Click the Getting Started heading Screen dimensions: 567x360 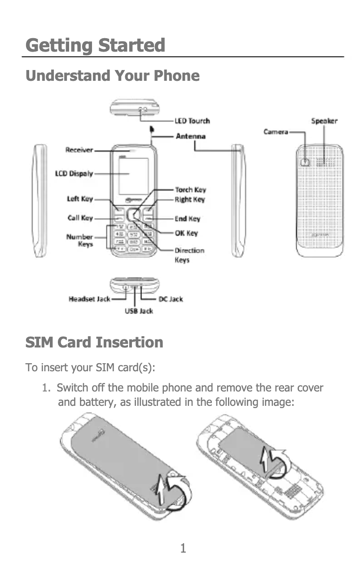click(x=95, y=45)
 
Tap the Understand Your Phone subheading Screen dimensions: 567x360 click(x=112, y=75)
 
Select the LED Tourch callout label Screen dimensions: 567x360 click(x=192, y=121)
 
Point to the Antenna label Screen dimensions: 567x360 click(x=190, y=136)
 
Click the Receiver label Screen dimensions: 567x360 click(x=79, y=150)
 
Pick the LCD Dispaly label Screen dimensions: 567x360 click(x=74, y=173)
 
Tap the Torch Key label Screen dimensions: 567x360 click(x=190, y=190)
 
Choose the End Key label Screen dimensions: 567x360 click(x=187, y=219)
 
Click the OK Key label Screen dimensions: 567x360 click(x=186, y=233)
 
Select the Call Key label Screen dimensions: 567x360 click(x=80, y=218)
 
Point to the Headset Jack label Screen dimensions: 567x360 click(x=89, y=299)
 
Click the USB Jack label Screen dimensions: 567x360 click(x=139, y=311)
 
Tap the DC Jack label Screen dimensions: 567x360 click(x=171, y=299)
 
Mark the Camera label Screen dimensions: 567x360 click(x=276, y=132)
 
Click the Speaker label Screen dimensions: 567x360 click(x=324, y=121)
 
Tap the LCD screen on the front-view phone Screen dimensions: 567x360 click(x=133, y=176)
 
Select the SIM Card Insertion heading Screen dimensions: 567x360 click(x=94, y=343)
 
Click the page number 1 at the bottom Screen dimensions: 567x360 click(x=183, y=548)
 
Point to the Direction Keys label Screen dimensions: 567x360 click(x=189, y=255)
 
